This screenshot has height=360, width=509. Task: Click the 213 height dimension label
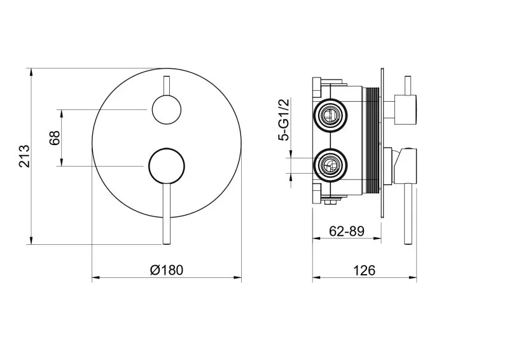coord(25,156)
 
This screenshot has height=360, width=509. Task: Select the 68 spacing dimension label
coord(55,137)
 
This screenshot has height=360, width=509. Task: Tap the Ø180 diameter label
coord(167,270)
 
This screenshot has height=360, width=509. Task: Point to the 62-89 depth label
coord(347,231)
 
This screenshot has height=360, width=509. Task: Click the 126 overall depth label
coord(364,270)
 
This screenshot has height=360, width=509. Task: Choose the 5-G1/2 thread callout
coord(283,120)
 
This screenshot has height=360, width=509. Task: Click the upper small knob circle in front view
coord(167,110)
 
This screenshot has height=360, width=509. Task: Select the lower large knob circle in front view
coord(167,167)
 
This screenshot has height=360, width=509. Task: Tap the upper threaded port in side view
coord(330,115)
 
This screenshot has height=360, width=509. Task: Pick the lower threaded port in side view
coord(330,165)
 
